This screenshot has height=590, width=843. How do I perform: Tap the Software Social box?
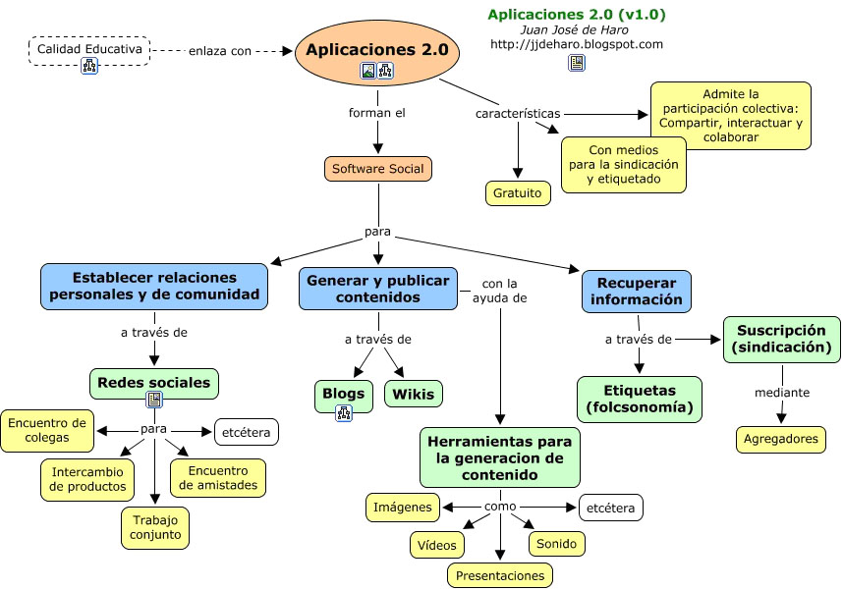click(x=378, y=169)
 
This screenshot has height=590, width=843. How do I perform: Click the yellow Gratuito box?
click(x=518, y=193)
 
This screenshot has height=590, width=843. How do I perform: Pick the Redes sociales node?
click(x=154, y=382)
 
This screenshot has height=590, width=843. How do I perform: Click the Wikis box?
click(x=413, y=395)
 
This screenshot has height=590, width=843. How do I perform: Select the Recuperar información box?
click(x=637, y=291)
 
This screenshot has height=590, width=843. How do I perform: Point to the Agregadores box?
click(x=781, y=440)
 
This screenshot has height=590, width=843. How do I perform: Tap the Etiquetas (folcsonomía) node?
click(x=640, y=399)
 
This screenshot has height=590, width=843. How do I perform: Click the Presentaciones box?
click(x=500, y=575)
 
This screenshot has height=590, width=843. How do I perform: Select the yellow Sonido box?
click(x=557, y=543)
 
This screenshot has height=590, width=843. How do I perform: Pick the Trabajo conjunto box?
click(x=154, y=527)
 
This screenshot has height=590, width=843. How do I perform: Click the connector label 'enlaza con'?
click(x=220, y=51)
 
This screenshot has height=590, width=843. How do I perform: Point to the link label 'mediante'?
click(x=782, y=393)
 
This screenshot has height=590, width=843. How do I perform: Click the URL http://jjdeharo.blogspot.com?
click(x=576, y=44)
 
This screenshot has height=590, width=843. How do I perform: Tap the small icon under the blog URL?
click(x=576, y=64)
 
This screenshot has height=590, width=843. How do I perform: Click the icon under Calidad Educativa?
click(x=89, y=67)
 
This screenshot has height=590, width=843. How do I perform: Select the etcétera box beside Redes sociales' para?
click(x=246, y=431)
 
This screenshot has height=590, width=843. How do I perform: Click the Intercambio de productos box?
click(x=86, y=478)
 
